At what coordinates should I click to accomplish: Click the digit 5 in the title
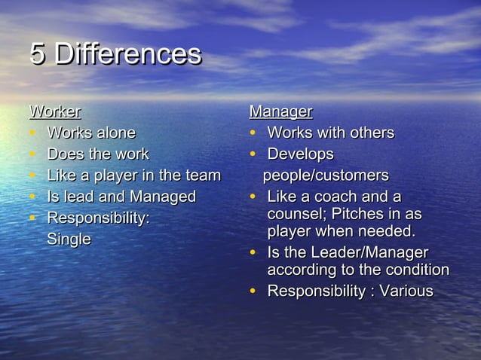pyautogui.click(x=38, y=54)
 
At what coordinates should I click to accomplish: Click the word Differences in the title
pyautogui.click(x=128, y=54)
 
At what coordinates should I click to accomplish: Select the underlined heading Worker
pyautogui.click(x=55, y=112)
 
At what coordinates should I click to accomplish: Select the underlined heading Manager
pyautogui.click(x=280, y=112)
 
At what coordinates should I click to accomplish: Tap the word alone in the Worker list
pyautogui.click(x=115, y=133)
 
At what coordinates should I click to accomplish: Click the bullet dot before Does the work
pyautogui.click(x=33, y=155)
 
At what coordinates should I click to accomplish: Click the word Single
pyautogui.click(x=69, y=239)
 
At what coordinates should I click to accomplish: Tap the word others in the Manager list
pyautogui.click(x=370, y=133)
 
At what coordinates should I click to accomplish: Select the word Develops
pyautogui.click(x=300, y=154)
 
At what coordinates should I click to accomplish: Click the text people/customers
pyautogui.click(x=326, y=176)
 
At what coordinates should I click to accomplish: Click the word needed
pyautogui.click(x=389, y=231)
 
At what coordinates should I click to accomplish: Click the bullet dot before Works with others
pyautogui.click(x=254, y=134)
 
